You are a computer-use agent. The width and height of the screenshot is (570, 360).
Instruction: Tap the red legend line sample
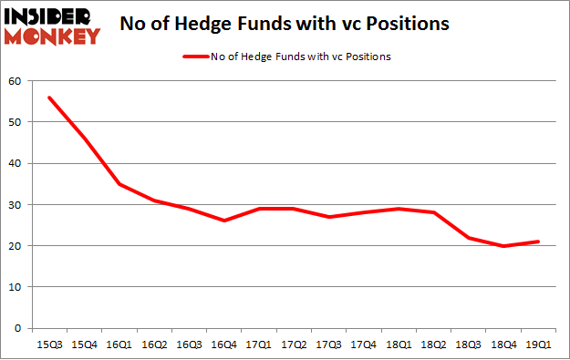point(200,57)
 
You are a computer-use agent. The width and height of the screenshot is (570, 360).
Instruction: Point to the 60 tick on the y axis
point(15,81)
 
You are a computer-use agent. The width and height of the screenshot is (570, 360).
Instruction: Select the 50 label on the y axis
point(15,122)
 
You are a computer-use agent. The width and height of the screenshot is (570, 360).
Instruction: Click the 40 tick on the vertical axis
point(15,163)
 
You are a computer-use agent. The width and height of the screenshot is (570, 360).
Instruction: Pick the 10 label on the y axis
point(15,287)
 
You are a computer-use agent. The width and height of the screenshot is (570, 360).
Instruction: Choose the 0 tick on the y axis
point(17,328)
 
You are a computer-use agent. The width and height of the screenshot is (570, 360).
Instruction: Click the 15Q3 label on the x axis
point(51,345)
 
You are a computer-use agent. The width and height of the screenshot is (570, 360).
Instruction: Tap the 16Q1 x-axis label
point(119,345)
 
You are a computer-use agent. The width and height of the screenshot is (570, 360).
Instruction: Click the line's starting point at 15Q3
point(51,98)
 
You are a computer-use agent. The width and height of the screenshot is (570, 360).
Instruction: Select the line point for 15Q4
point(85,139)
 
